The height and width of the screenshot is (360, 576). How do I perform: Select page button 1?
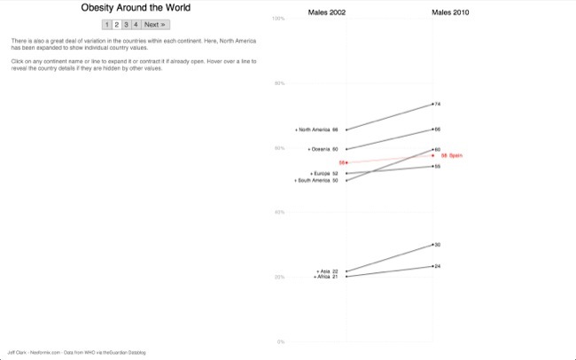pos(107,24)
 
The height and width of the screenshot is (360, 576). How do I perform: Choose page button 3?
pos(126,24)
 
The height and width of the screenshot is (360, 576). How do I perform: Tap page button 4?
pos(136,24)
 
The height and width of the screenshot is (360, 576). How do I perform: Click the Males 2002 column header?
pos(327,13)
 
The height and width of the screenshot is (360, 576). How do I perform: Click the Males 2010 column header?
pos(450,13)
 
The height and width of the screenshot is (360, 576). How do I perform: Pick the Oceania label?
pos(322,149)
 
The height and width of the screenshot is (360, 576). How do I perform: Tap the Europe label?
pos(323,173)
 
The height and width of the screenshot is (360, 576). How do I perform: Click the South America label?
pos(315,180)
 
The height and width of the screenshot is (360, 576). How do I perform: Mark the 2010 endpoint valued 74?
pos(432,104)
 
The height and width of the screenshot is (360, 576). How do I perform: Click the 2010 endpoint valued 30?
pos(432,244)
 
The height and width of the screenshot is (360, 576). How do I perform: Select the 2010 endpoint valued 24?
pos(432,266)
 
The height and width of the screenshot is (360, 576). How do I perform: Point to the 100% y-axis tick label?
pos(278,18)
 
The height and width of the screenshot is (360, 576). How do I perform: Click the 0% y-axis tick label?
pos(281,341)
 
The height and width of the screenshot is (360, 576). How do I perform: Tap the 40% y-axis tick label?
pos(279,212)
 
